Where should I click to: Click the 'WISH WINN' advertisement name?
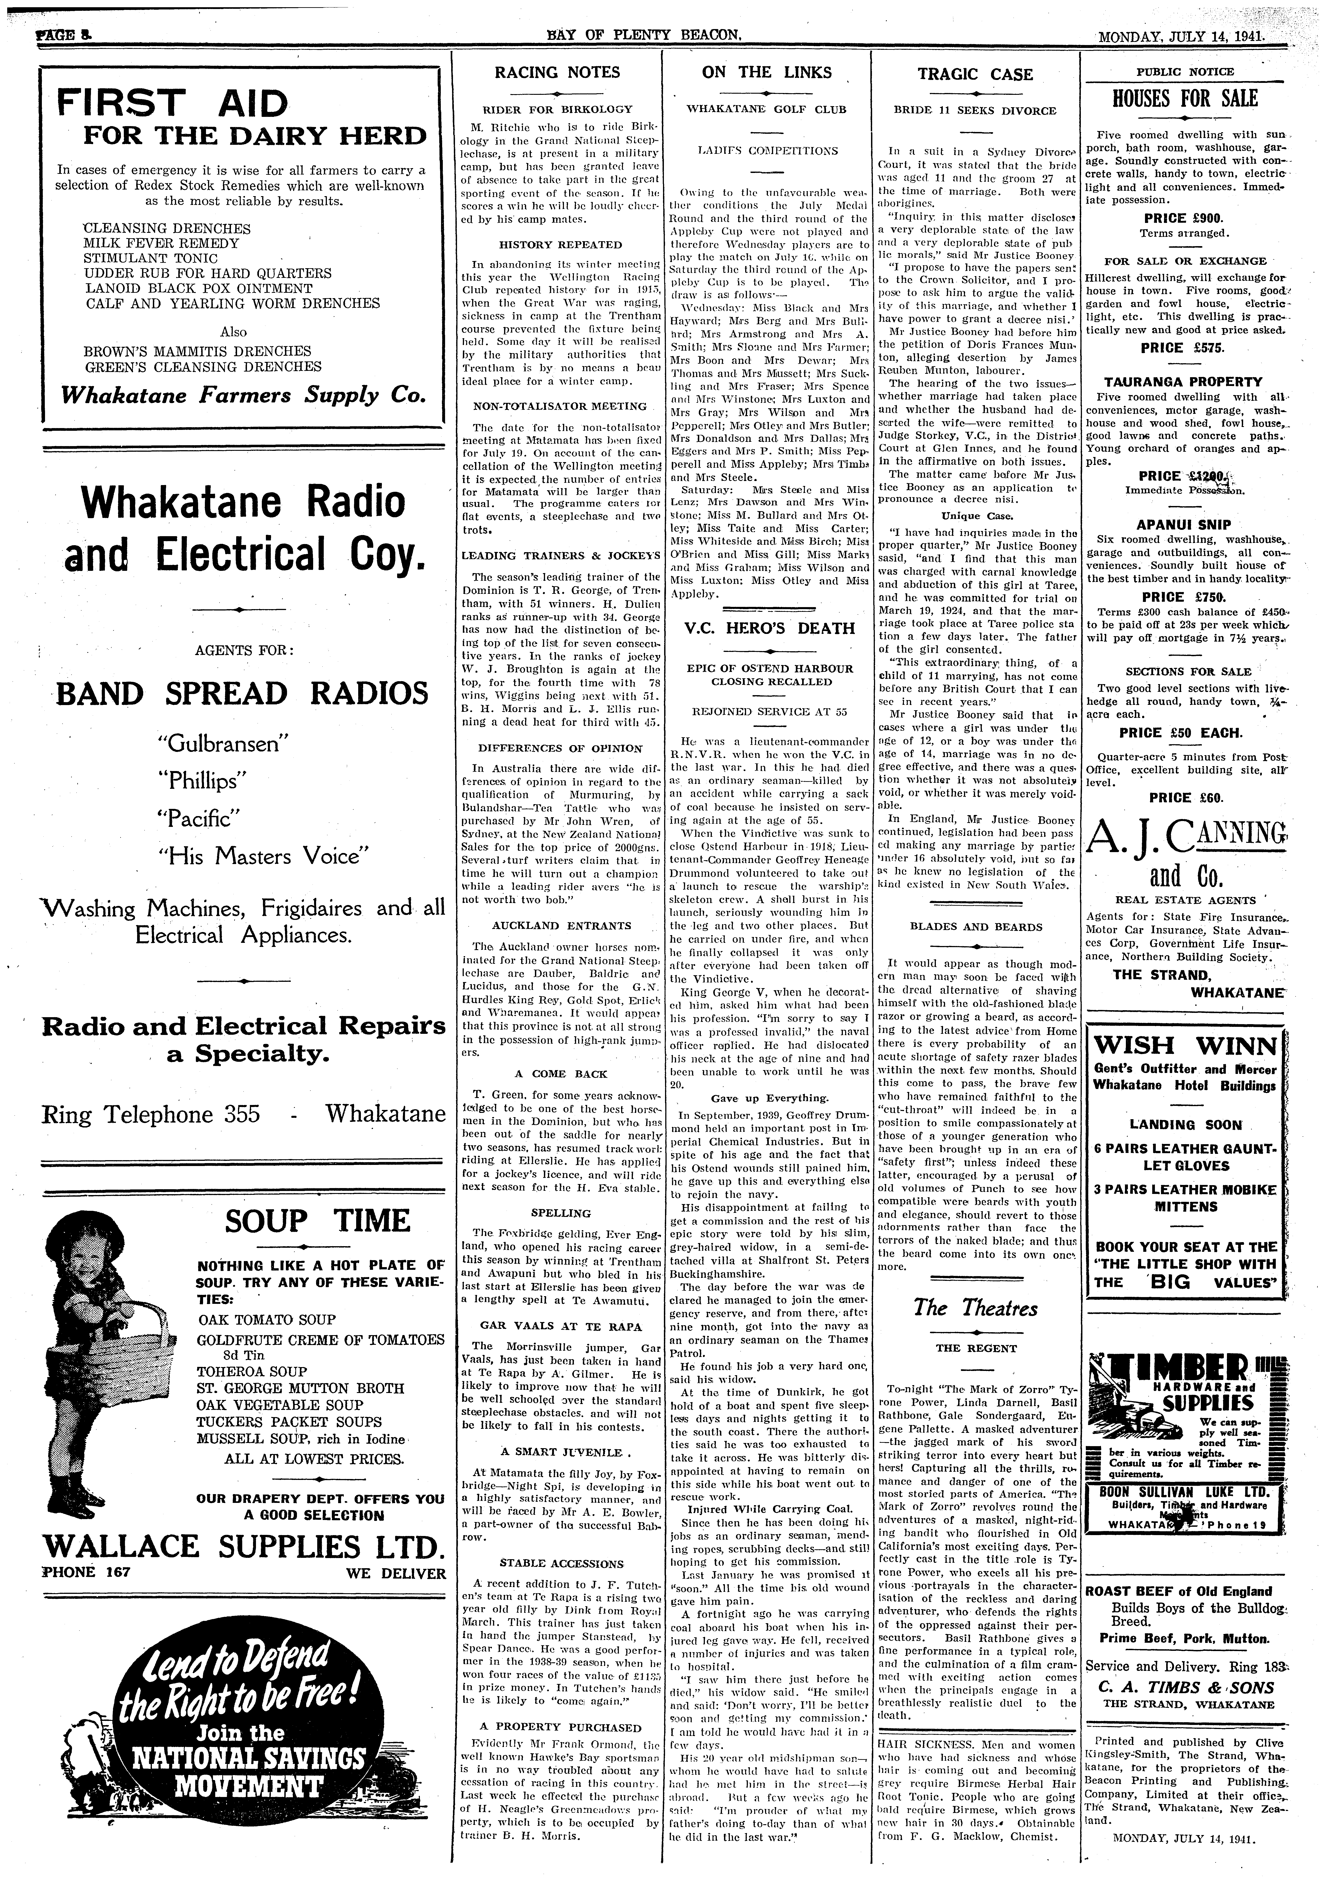[x=1184, y=1046]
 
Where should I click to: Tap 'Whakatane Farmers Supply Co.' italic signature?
[x=244, y=395]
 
